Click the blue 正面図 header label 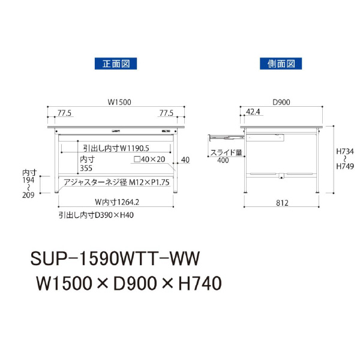pyautogui.click(x=116, y=63)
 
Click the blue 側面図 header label pyautogui.click(x=281, y=63)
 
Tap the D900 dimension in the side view pyautogui.click(x=281, y=103)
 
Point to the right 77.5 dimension pyautogui.click(x=167, y=112)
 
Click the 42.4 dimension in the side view pyautogui.click(x=253, y=112)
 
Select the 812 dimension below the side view pyautogui.click(x=281, y=203)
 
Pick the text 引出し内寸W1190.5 pyautogui.click(x=116, y=147)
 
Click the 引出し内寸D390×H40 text pyautogui.click(x=96, y=214)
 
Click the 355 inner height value pyautogui.click(x=88, y=169)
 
